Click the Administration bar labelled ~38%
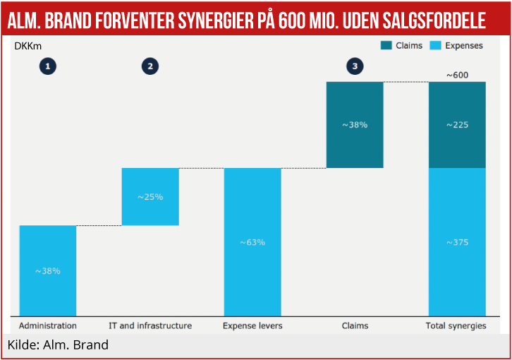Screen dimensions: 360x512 pyautogui.click(x=48, y=270)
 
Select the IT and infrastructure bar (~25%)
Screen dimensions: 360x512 pyautogui.click(x=150, y=196)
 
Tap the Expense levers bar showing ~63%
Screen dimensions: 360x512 pyautogui.click(x=252, y=242)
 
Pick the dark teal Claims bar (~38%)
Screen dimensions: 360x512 pyautogui.click(x=355, y=125)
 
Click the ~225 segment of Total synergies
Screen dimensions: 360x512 pyautogui.click(x=457, y=125)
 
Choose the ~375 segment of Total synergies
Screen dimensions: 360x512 pyautogui.click(x=457, y=242)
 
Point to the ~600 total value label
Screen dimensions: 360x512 pyautogui.click(x=457, y=74)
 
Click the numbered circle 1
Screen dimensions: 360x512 pyautogui.click(x=48, y=66)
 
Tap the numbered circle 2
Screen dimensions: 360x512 pyautogui.click(x=150, y=66)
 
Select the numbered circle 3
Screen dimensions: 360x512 pyautogui.click(x=355, y=66)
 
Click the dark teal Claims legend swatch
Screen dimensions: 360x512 pyautogui.click(x=386, y=46)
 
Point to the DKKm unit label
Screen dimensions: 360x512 pyautogui.click(x=28, y=46)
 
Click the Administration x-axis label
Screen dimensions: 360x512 pyautogui.click(x=48, y=325)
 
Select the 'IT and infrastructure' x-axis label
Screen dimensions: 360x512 pyautogui.click(x=150, y=325)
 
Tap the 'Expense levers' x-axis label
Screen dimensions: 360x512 pyautogui.click(x=252, y=325)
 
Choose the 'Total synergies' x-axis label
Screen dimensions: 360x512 pyautogui.click(x=456, y=325)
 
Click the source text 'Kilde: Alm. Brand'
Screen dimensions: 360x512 pyautogui.click(x=58, y=345)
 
